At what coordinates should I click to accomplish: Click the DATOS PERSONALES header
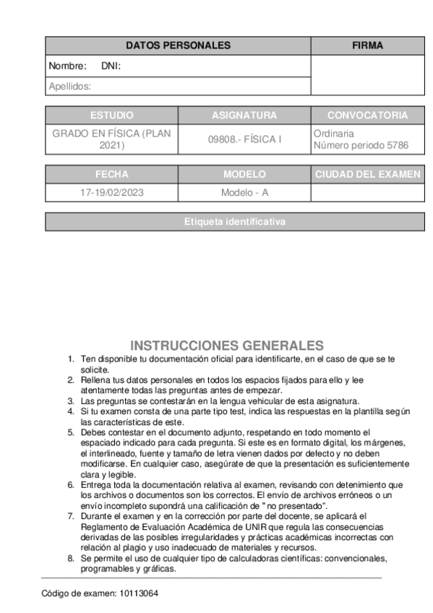178,46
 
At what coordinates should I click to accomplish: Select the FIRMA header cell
367,46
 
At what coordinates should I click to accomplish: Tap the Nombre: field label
62,67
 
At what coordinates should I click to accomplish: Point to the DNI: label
111,67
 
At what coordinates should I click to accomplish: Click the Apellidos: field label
69,86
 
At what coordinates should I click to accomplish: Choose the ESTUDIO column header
112,116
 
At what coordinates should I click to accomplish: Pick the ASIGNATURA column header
244,116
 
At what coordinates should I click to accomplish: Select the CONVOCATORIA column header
367,116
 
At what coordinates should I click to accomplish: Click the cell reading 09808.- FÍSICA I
244,140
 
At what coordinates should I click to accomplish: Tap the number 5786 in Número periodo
398,145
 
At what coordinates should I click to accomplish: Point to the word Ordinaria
334,134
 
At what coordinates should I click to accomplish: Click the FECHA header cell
112,175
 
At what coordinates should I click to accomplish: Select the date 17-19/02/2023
112,193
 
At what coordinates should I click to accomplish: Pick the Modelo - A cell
244,193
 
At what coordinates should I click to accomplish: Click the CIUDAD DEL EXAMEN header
367,175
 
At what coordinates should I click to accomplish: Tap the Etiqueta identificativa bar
235,222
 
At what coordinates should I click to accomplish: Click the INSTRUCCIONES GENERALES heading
226,346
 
